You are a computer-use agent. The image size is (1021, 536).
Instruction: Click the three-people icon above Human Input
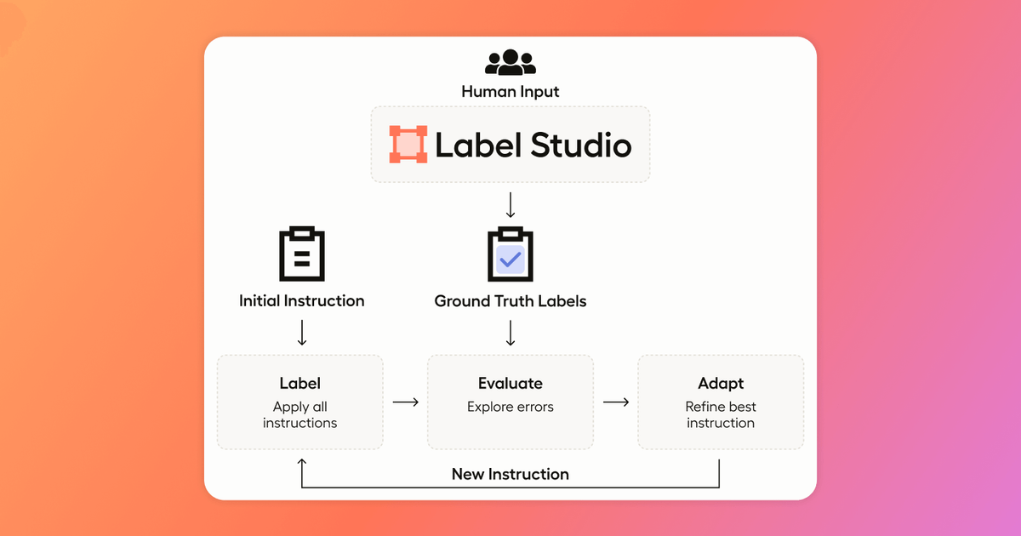[510, 62]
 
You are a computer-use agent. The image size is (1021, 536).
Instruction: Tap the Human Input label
[510, 92]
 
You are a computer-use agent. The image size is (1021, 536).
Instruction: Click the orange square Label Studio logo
[408, 144]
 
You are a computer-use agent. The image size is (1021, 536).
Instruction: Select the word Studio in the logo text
[581, 145]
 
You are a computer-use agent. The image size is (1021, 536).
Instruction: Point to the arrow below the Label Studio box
[510, 205]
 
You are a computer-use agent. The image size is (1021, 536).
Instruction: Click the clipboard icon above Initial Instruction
[302, 254]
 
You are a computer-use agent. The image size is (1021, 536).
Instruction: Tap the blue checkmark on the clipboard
[510, 259]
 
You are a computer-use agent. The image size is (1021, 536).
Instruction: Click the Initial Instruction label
[302, 301]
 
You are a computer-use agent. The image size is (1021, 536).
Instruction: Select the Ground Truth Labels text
[510, 301]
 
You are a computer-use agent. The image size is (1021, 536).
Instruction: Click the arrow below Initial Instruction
[302, 333]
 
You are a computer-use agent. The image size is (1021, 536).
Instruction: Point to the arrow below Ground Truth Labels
[510, 333]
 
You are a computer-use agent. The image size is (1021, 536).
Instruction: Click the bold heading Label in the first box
[299, 384]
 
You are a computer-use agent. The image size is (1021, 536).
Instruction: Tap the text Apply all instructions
[299, 415]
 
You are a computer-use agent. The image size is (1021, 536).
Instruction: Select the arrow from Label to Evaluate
[406, 402]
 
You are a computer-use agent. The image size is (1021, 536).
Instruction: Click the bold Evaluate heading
[510, 384]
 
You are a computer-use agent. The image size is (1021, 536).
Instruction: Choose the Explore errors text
[510, 407]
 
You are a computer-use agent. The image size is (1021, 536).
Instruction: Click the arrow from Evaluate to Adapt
[616, 402]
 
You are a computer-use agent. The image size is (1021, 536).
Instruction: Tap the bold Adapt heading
[721, 384]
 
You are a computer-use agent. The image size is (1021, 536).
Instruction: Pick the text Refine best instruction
[721, 415]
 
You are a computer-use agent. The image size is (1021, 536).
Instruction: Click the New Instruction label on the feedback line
[510, 474]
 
